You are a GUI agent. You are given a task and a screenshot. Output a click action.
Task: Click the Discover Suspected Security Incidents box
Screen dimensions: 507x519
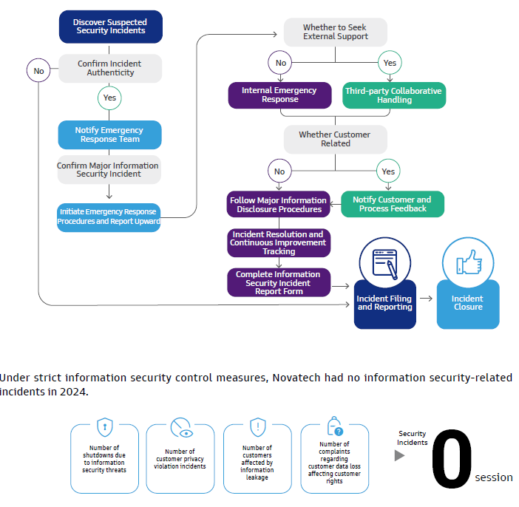click(109, 27)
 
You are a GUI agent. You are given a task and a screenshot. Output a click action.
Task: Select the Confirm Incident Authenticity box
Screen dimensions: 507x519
click(109, 69)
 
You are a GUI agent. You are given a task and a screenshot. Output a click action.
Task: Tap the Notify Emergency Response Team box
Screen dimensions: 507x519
click(109, 135)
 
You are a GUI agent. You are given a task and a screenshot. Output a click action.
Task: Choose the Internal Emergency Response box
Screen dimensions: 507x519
click(279, 95)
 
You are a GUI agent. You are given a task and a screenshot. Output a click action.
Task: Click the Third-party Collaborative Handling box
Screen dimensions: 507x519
click(393, 95)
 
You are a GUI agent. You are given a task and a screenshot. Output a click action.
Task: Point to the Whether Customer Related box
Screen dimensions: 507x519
click(335, 139)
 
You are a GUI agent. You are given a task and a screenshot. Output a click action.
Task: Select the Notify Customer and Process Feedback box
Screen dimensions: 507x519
click(392, 204)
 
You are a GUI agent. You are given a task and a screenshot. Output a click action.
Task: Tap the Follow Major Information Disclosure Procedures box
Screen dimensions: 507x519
click(278, 205)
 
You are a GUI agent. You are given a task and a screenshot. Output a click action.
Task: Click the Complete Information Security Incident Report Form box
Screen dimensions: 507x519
click(278, 282)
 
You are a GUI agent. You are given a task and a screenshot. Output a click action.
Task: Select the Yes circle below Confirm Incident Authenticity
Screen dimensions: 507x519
click(109, 98)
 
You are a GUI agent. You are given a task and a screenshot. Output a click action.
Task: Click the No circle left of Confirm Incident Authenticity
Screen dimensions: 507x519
click(38, 71)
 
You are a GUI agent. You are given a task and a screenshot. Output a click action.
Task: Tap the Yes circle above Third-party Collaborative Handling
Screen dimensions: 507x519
click(390, 63)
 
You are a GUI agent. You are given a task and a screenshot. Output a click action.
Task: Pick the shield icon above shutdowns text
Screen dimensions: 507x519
click(104, 428)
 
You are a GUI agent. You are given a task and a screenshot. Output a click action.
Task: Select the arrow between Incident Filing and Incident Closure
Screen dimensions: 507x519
click(426, 299)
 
